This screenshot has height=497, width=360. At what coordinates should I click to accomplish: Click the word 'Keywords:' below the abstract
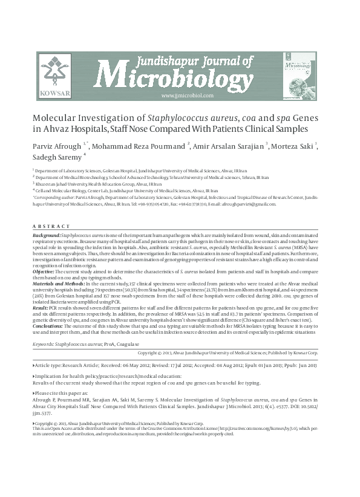coord(45,343)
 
